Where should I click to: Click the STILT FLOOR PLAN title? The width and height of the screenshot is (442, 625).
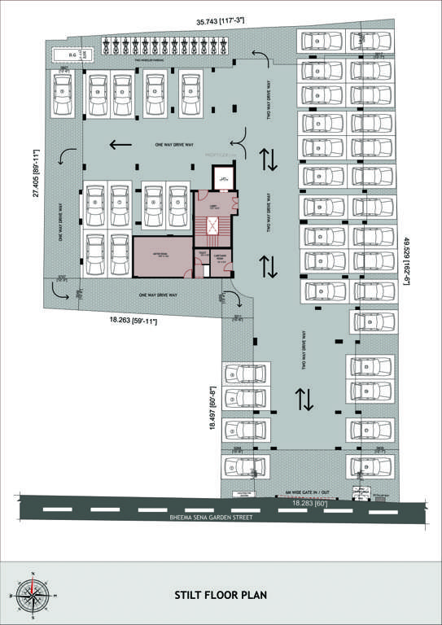click(x=220, y=595)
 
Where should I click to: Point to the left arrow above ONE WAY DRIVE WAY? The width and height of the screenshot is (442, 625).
click(x=120, y=145)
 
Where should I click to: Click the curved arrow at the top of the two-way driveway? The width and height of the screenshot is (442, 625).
click(x=260, y=55)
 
